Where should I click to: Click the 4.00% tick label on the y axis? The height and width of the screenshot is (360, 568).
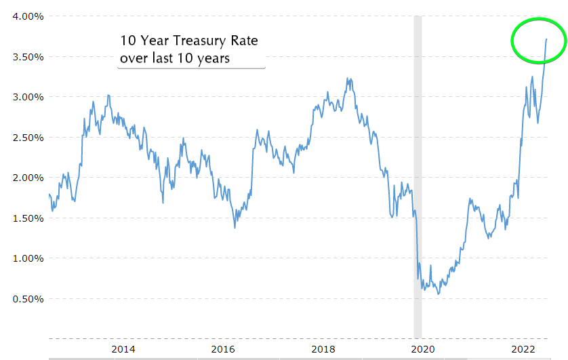click(x=24, y=16)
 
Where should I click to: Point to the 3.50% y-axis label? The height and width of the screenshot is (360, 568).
click(x=24, y=57)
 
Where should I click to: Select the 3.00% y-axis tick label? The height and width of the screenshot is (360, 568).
click(x=24, y=97)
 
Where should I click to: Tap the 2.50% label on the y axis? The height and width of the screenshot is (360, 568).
click(x=24, y=138)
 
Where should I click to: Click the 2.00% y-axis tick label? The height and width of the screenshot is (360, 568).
click(x=24, y=178)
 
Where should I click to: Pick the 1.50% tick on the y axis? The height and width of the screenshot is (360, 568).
click(x=24, y=218)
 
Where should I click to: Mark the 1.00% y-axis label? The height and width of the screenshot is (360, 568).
click(x=24, y=258)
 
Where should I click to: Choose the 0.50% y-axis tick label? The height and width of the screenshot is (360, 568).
click(x=24, y=299)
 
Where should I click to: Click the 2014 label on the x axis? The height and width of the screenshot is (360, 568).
click(x=123, y=349)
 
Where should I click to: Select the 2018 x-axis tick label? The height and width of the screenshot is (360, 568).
click(x=323, y=349)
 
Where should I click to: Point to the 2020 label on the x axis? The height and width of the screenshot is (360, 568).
click(x=422, y=349)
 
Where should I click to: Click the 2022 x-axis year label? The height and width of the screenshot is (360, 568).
click(x=523, y=349)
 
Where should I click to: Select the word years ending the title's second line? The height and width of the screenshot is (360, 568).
click(x=212, y=58)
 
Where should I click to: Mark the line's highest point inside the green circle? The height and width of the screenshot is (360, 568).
click(x=546, y=39)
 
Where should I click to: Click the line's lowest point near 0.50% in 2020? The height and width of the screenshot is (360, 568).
click(x=439, y=294)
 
